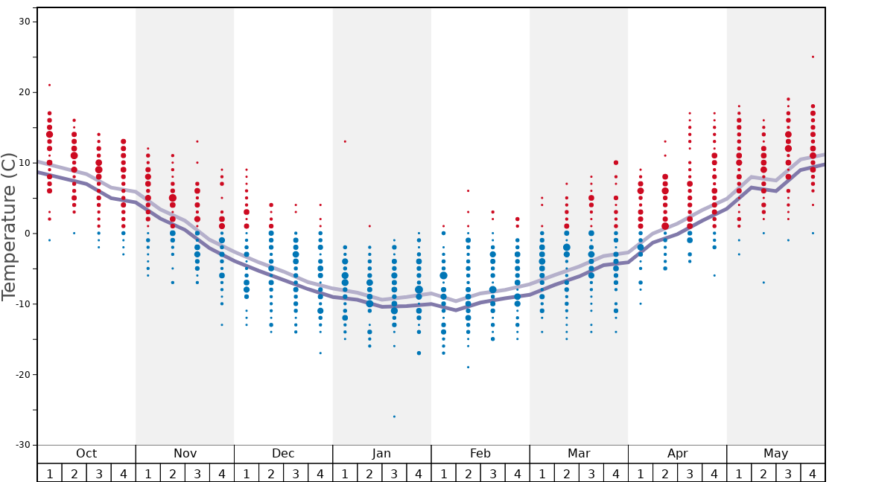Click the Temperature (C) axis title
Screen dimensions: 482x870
coord(9,226)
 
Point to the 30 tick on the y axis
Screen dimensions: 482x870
coord(24,22)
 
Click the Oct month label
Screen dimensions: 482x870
coord(86,454)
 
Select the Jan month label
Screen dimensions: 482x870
coord(381,454)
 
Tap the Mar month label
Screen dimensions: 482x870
coord(579,454)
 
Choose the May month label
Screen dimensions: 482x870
coord(775,454)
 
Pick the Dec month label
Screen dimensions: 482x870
coord(283,454)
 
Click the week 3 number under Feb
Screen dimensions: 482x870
coord(492,473)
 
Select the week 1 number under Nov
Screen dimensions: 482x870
coord(148,473)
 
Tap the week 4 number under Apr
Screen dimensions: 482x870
coord(714,473)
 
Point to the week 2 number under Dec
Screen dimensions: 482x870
coord(271,473)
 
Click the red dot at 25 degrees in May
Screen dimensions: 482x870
coord(813,57)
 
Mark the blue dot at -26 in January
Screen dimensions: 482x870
coord(394,417)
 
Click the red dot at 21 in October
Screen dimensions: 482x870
coord(50,85)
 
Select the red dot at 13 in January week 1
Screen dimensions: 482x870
coord(345,141)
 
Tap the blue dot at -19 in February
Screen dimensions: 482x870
coord(468,367)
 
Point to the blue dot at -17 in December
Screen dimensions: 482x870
coord(320,353)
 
